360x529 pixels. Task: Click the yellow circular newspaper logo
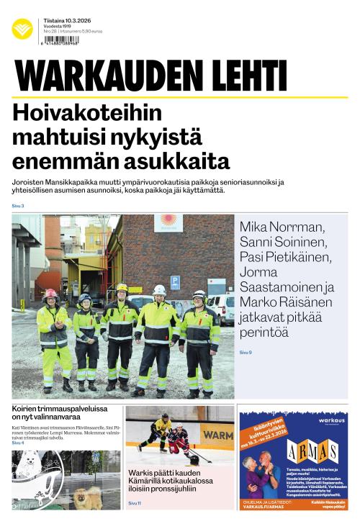[22, 29]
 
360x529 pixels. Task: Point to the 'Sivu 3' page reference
[18, 207]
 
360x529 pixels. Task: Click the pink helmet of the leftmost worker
[51, 294]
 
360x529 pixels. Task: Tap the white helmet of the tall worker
[159, 289]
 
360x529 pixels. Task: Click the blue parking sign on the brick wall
[175, 281]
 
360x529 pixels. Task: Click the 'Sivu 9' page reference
[246, 352]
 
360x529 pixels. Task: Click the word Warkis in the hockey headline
[144, 473]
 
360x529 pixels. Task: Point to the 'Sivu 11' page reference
[135, 502]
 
